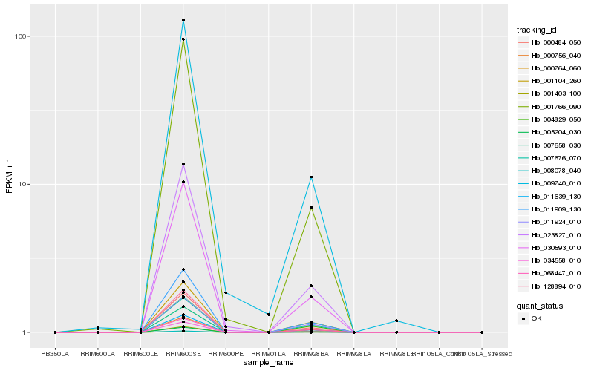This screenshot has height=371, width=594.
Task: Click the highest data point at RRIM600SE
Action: tap(183, 20)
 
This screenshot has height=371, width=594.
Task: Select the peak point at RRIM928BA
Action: tap(311, 177)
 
